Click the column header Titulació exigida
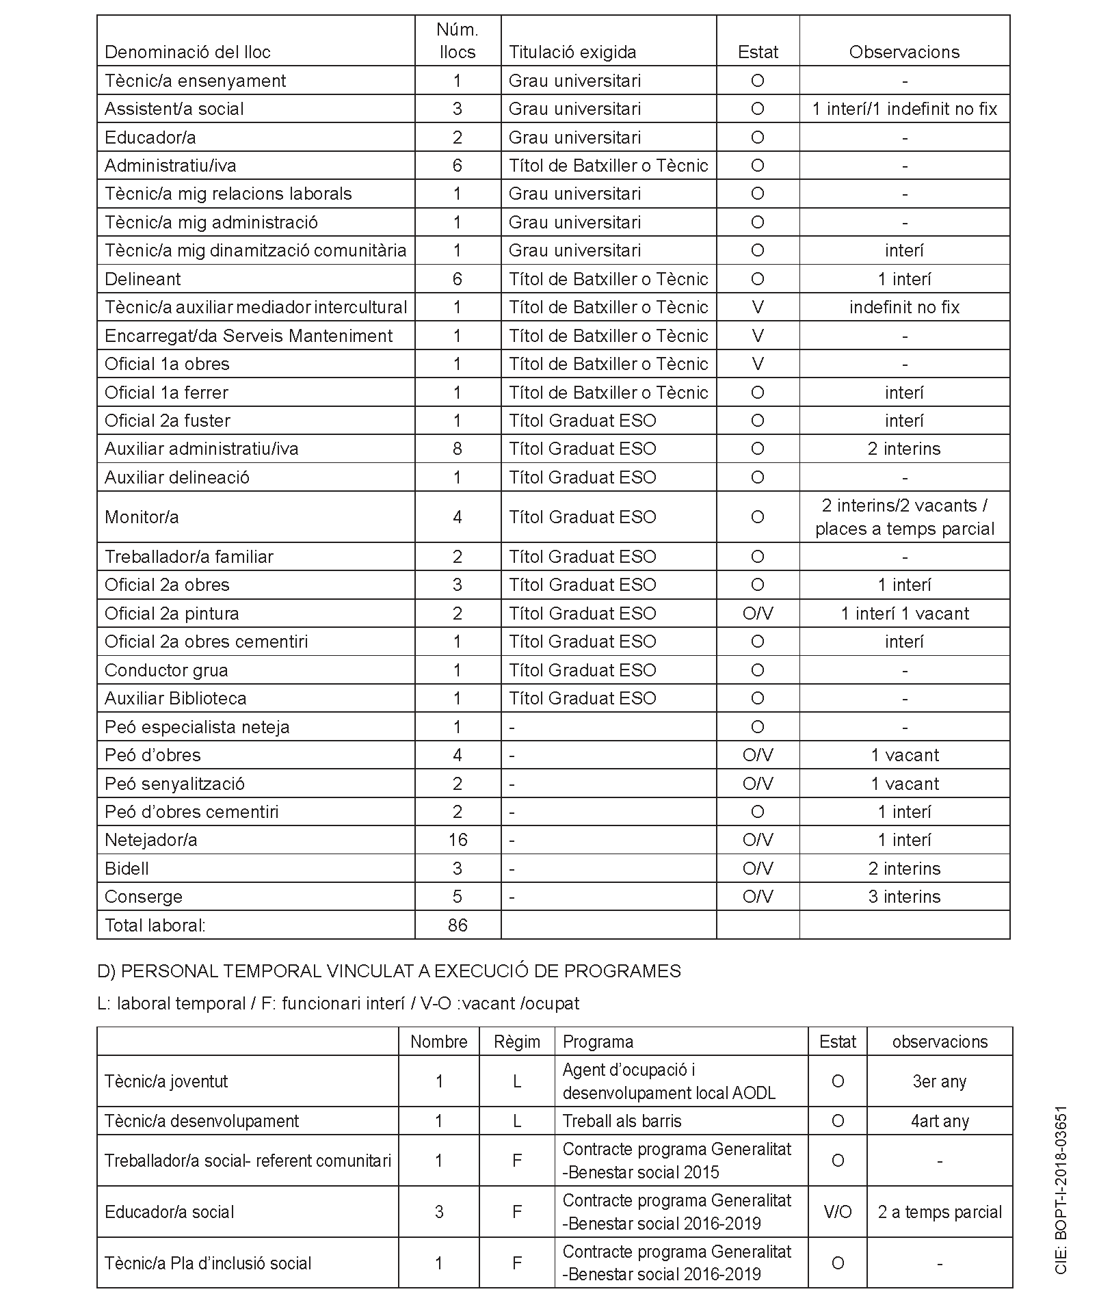[572, 52]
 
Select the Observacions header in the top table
[904, 52]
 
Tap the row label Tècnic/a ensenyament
[195, 81]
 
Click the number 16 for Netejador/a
[458, 840]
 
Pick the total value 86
[458, 925]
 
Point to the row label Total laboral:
[155, 925]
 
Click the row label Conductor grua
[166, 670]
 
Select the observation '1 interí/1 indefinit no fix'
[904, 109]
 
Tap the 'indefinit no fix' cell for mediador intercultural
[904, 307]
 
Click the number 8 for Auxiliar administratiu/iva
[458, 449]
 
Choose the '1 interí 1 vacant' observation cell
[904, 613]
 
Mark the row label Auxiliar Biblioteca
[175, 698]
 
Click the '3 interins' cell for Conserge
[904, 897]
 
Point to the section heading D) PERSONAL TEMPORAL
[389, 971]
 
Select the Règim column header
[517, 1042]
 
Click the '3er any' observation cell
[939, 1081]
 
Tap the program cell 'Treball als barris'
[622, 1121]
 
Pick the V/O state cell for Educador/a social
[837, 1212]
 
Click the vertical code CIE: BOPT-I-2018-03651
[1061, 1191]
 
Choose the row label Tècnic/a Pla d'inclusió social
[208, 1263]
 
